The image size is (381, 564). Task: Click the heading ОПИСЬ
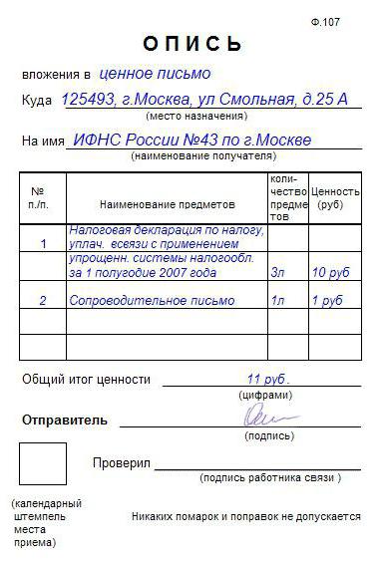[x=192, y=45]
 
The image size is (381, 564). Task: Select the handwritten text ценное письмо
[x=155, y=74]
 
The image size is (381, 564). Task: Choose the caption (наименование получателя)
[x=202, y=156]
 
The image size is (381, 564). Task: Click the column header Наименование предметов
[x=167, y=204]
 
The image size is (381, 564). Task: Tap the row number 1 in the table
[x=43, y=243]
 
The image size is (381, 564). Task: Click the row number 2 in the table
[x=43, y=300]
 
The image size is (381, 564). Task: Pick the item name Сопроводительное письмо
[x=152, y=300]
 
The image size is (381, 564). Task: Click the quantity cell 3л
[x=278, y=271]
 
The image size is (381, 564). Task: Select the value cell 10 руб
[x=328, y=271]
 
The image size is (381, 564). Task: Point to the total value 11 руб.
[x=266, y=379]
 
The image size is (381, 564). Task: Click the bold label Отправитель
[x=65, y=420]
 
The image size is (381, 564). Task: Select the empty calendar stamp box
[x=43, y=463]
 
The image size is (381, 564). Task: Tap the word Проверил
[x=121, y=463]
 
